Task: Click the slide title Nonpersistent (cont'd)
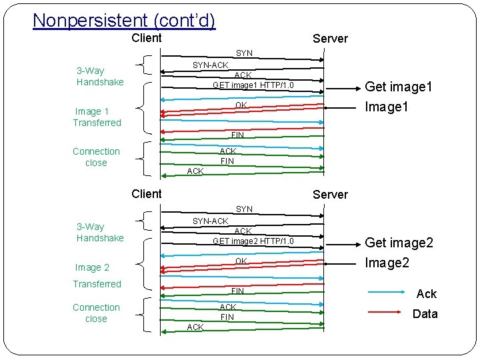coord(124,21)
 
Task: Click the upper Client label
coord(146,38)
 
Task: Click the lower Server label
coord(330,195)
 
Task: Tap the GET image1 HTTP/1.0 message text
coord(253,85)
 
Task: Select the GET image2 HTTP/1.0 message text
coord(253,241)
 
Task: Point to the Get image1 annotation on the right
coord(399,87)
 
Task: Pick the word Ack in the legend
coord(426,294)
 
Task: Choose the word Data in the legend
coord(425,314)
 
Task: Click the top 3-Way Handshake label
coord(100,76)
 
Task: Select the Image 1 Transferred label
coord(97,117)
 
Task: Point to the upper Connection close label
coord(96,157)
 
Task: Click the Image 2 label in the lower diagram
coord(92,267)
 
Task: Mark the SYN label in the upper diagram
coord(244,53)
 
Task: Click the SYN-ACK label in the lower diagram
coord(210,221)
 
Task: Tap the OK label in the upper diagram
coord(241,105)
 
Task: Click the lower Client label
coord(146,194)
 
